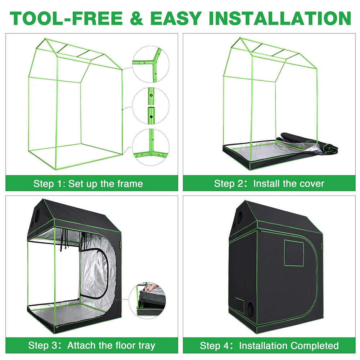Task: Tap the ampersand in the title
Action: point(139,18)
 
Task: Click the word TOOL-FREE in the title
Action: point(67,18)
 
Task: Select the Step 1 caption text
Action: point(88,184)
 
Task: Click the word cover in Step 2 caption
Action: point(311,184)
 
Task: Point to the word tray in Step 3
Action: point(144,346)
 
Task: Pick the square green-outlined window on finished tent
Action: point(294,253)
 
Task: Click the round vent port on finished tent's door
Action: point(250,308)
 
